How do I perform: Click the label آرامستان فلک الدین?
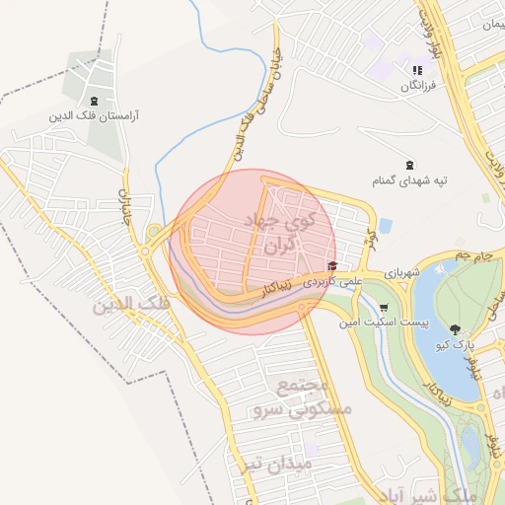pyautogui.click(x=95, y=115)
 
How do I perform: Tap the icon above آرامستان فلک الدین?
pyautogui.click(x=94, y=101)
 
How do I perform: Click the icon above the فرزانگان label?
pyautogui.click(x=417, y=70)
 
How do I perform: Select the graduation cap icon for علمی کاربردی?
pyautogui.click(x=332, y=266)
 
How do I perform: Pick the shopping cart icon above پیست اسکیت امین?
pyautogui.click(x=384, y=308)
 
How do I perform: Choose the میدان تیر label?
pyautogui.click(x=279, y=462)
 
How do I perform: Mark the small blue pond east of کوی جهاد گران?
pyautogui.click(x=385, y=226)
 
